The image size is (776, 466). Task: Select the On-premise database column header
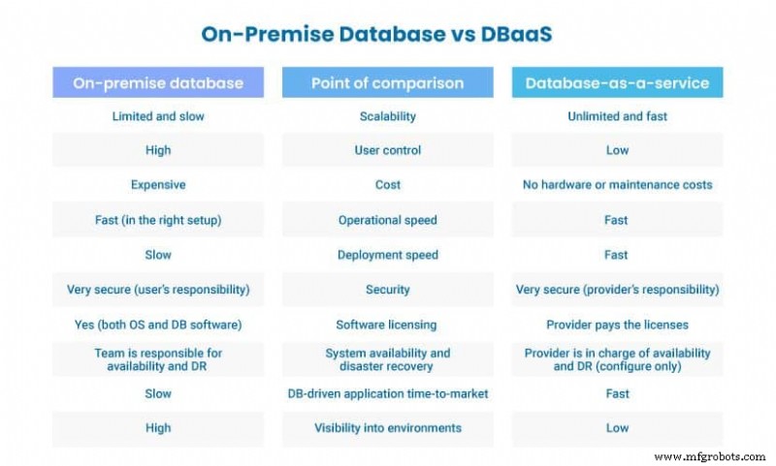click(x=158, y=83)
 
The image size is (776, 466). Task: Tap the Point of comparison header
click(x=388, y=83)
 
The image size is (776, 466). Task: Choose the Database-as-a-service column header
click(x=617, y=83)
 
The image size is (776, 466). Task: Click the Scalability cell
click(x=388, y=116)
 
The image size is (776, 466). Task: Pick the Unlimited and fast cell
click(x=617, y=116)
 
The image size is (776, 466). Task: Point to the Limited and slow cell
click(x=158, y=116)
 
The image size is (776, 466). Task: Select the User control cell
click(x=388, y=150)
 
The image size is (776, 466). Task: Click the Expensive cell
click(x=158, y=185)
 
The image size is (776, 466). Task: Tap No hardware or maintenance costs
click(x=617, y=185)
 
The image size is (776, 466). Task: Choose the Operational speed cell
click(x=388, y=220)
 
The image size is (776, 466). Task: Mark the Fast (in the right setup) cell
click(x=158, y=220)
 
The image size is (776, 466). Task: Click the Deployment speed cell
click(x=388, y=255)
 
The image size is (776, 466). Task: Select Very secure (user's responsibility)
click(x=158, y=290)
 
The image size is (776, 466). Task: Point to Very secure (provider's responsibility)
click(x=617, y=290)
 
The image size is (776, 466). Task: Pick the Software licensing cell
click(x=388, y=325)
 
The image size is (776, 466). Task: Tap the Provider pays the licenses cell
click(x=617, y=325)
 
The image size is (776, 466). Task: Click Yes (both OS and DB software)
click(x=158, y=325)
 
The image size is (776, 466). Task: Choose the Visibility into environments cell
click(x=388, y=428)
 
